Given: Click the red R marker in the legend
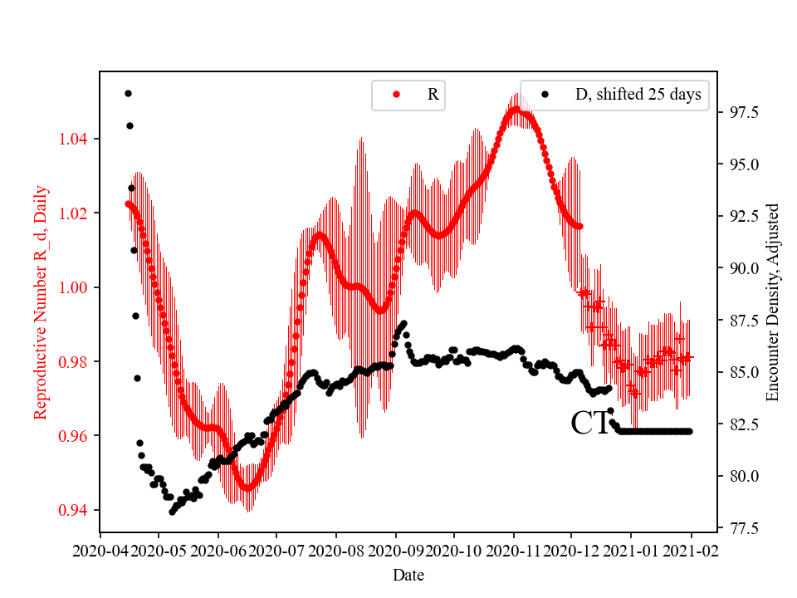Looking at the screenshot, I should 396,95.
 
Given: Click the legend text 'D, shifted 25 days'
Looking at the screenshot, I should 638,95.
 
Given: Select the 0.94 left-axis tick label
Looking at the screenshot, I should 76,510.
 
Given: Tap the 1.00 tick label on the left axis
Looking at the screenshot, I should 76,287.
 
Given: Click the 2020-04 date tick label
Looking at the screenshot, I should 100,551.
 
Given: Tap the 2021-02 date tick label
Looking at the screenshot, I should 692,551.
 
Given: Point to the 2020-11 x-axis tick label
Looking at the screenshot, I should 513,551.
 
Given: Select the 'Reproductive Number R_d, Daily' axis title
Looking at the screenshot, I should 41,301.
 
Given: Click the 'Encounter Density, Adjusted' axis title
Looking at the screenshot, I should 773,301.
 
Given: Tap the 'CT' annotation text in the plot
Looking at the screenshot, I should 590,424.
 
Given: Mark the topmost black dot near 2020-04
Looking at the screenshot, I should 128,93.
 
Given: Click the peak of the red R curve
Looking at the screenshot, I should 515,110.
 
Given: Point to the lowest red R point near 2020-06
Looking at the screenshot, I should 247,488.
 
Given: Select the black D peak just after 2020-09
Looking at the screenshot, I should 403,324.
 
